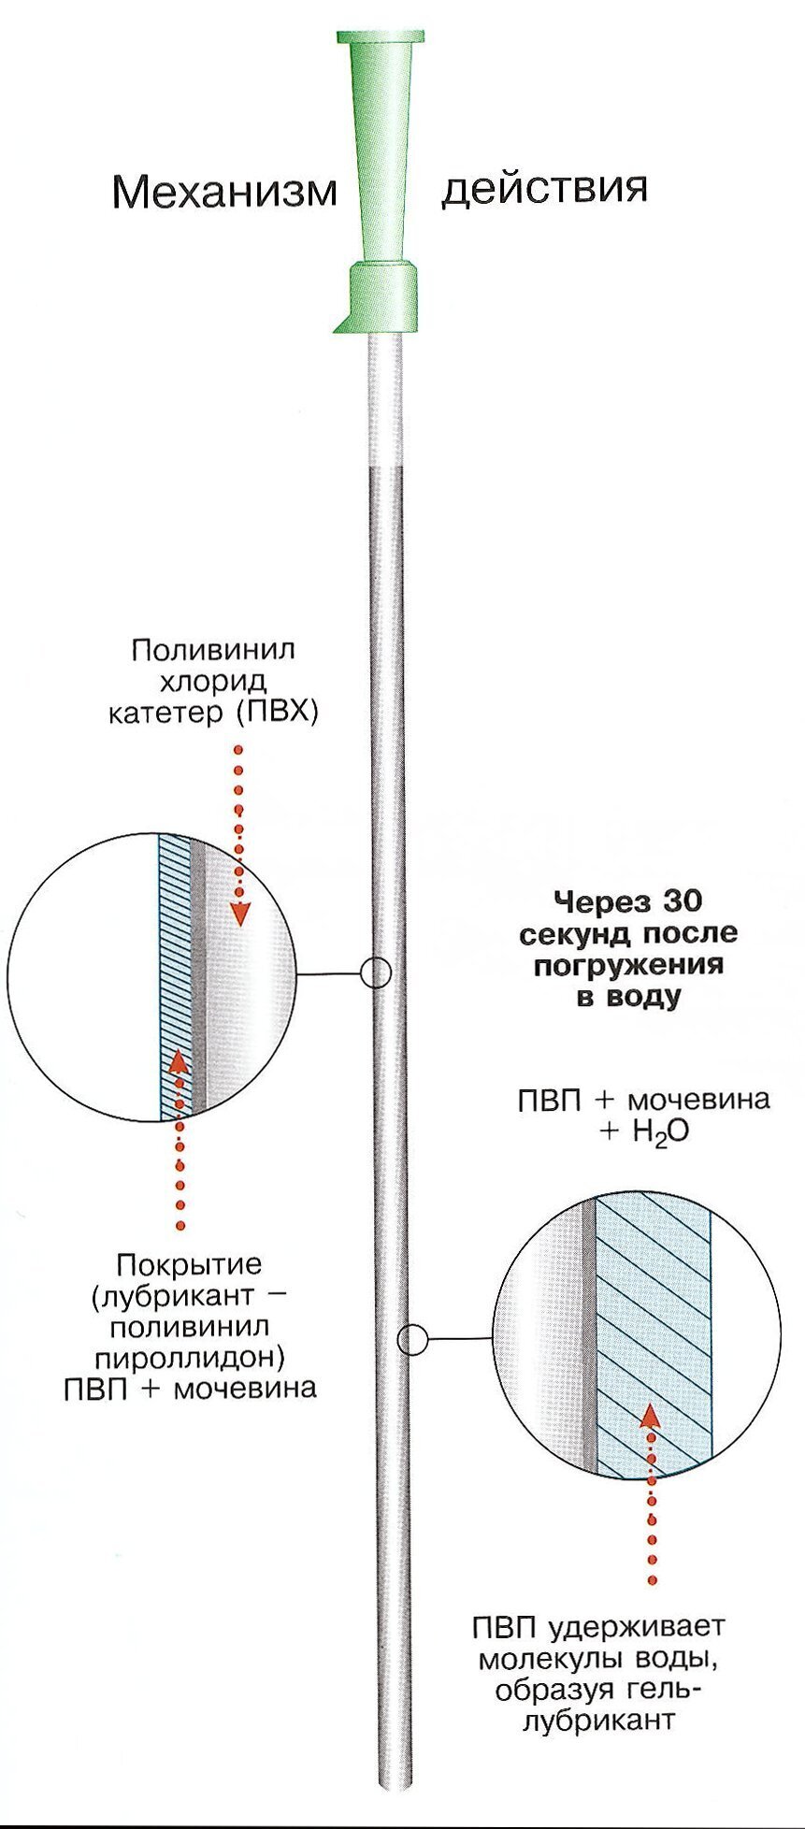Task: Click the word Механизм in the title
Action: pos(224,192)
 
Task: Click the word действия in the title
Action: pos(544,187)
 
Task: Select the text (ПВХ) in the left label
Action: pos(277,713)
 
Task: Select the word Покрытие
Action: pos(189,1265)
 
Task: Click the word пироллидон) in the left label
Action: pos(190,1357)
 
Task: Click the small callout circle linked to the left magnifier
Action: pos(375,973)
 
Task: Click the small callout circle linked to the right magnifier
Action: pos(412,1340)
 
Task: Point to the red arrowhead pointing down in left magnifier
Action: pos(239,912)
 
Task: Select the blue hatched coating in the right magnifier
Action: pos(653,1337)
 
